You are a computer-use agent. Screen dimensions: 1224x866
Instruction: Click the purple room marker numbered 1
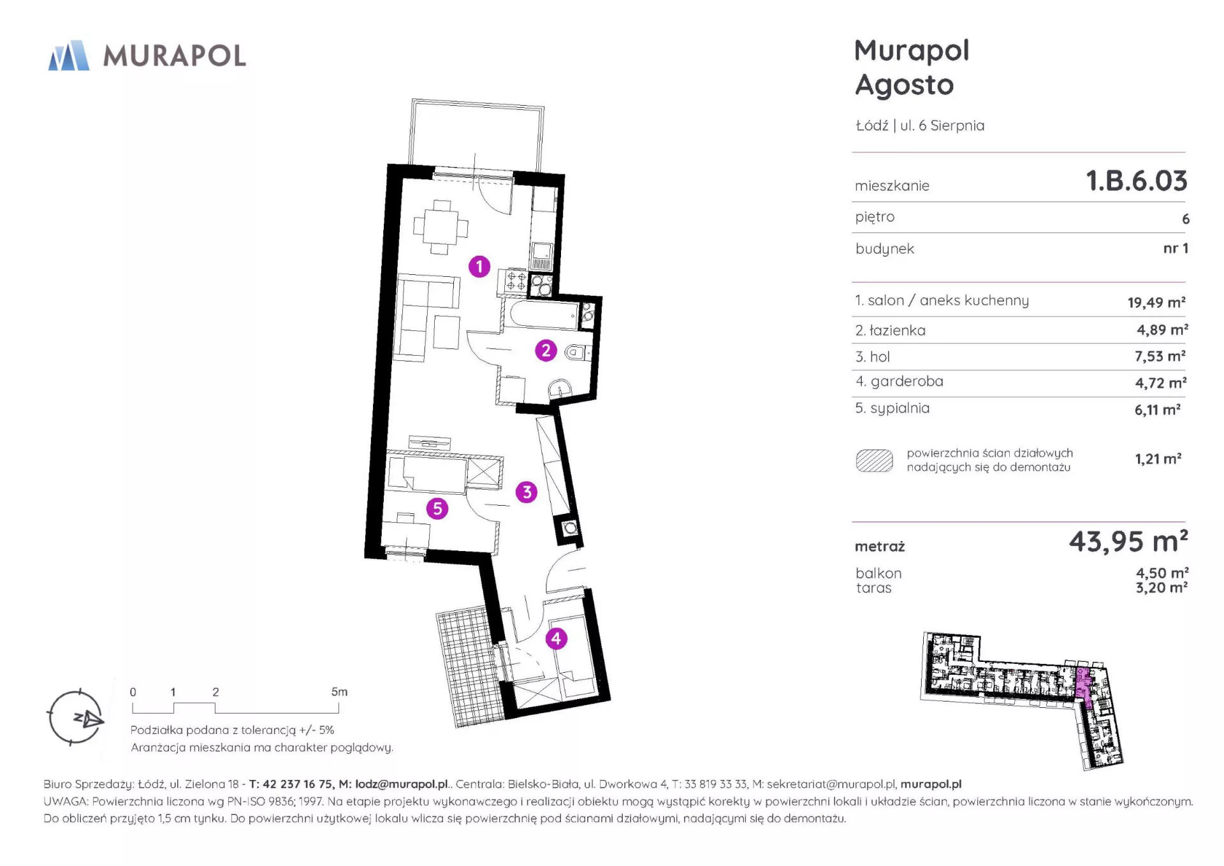(479, 267)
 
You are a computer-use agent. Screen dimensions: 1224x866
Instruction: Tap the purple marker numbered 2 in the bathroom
(546, 350)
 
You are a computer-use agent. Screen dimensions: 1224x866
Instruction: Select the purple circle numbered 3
(527, 492)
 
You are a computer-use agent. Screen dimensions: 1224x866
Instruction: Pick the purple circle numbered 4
(557, 638)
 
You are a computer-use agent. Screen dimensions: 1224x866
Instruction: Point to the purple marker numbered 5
(437, 508)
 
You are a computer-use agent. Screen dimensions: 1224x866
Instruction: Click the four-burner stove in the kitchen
(516, 281)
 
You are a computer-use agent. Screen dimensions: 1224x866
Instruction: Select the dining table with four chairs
(441, 227)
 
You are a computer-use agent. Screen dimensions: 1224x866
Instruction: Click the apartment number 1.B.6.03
(1137, 180)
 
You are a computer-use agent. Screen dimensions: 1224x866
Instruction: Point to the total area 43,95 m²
(1128, 541)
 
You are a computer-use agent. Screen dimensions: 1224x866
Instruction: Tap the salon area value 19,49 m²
(1156, 302)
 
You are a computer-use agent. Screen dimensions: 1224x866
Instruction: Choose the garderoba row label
(900, 381)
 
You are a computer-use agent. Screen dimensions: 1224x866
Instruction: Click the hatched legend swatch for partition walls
(874, 460)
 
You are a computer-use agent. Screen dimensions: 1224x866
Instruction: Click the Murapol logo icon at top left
(69, 55)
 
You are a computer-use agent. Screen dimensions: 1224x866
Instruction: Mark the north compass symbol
(75, 717)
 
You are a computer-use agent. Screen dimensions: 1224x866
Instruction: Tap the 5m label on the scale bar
(339, 692)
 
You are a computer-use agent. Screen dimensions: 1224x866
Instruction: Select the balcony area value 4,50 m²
(1162, 573)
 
